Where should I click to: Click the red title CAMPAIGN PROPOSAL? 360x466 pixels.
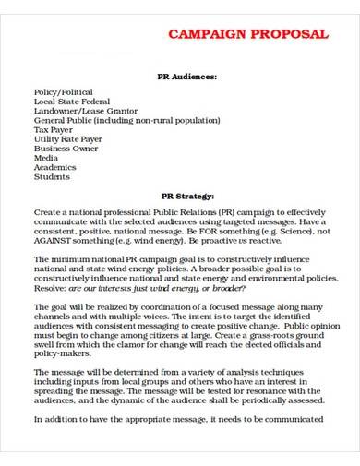(247, 34)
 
